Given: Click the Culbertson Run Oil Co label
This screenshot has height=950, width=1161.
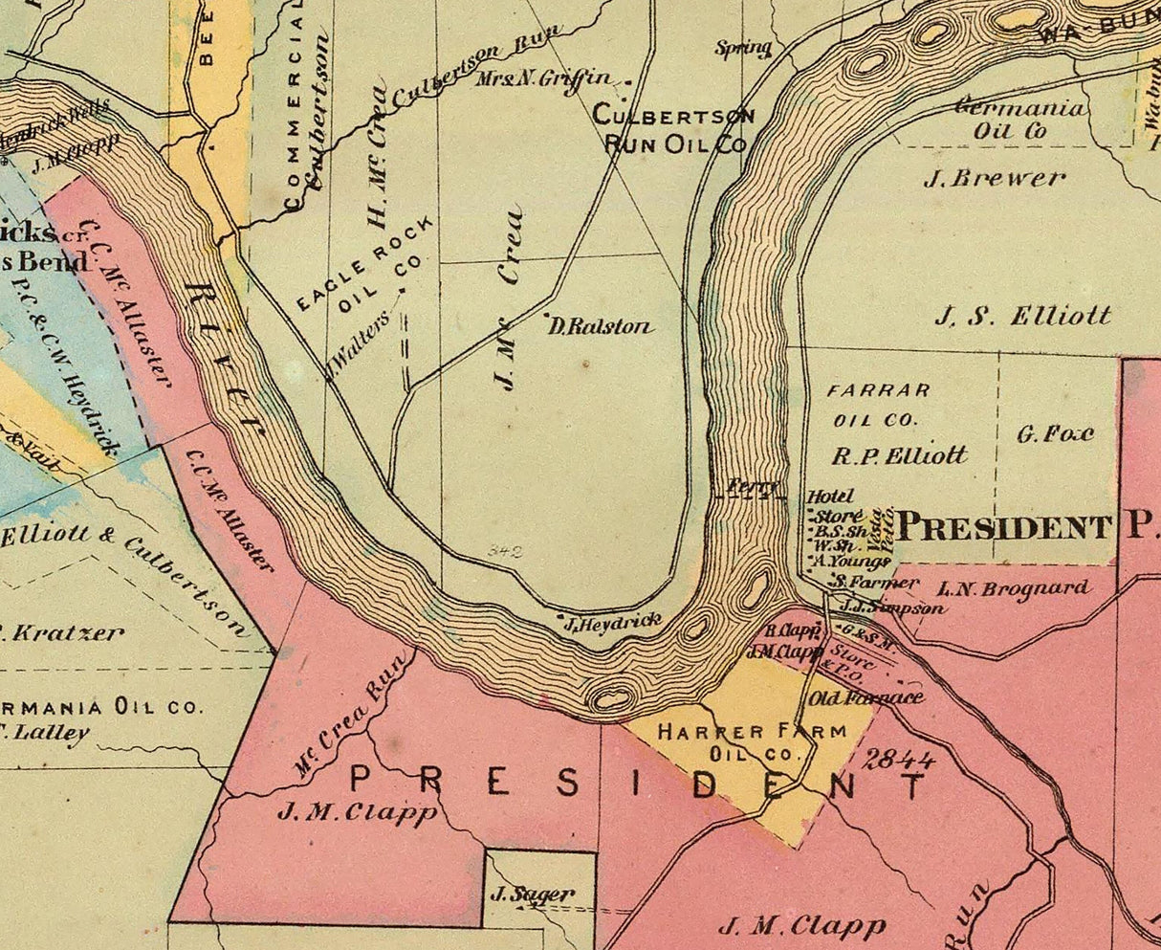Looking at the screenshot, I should [x=673, y=129].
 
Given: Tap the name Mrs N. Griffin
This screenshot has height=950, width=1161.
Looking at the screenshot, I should [x=555, y=78].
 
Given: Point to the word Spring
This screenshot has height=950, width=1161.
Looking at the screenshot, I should [x=743, y=48].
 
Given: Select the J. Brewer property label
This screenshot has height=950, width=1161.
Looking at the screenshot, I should [x=995, y=178].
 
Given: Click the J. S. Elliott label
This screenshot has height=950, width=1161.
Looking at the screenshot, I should [x=1022, y=316].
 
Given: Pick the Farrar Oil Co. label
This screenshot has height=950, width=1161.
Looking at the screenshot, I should [x=877, y=405].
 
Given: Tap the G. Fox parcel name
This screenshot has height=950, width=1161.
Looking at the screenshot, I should [x=1055, y=434].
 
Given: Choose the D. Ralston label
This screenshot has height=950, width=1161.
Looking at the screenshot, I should [x=601, y=326].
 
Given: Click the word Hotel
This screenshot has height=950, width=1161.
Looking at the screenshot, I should [x=829, y=497].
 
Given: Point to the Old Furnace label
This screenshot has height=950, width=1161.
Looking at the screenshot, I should [x=866, y=697].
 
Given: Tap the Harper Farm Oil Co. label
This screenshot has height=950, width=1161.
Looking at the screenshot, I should [x=752, y=742].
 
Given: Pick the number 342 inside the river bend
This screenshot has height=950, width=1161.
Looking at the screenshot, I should [x=503, y=551].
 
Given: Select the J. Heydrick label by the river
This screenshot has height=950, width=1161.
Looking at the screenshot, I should [x=612, y=623].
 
